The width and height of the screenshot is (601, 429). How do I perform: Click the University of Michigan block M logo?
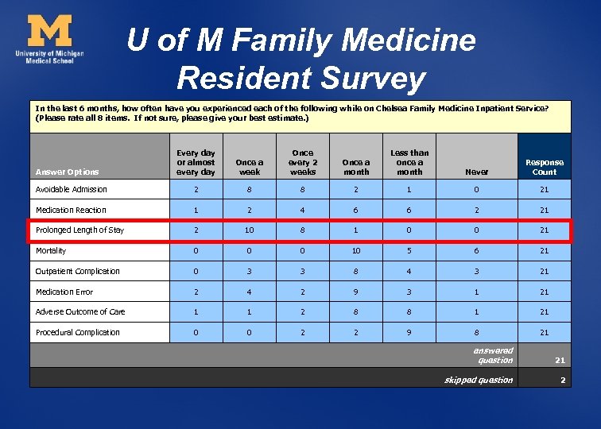[x=49, y=32]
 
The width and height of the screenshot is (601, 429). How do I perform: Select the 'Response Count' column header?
[x=544, y=167]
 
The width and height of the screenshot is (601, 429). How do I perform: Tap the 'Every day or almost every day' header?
[x=196, y=162]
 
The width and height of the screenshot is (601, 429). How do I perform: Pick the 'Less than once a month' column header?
[x=409, y=162]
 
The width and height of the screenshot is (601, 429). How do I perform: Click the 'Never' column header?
[x=476, y=172]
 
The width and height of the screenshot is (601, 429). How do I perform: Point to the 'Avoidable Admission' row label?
[x=72, y=190]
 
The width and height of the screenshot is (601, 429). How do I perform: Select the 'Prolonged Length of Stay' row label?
[x=79, y=230]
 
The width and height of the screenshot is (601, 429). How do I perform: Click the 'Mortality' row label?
[x=52, y=251]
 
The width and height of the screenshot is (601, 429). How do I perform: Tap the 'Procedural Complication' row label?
[x=78, y=332]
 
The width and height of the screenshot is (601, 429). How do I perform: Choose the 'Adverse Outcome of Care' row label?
[x=80, y=312]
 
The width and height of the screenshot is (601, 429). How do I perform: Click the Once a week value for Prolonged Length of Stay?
[x=250, y=230]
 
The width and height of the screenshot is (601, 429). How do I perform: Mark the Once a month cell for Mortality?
[x=356, y=251]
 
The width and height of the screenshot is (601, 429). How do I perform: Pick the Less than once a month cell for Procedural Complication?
[x=409, y=332]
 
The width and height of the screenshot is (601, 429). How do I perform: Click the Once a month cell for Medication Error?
[x=356, y=292]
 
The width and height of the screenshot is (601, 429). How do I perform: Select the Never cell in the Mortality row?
[x=476, y=251]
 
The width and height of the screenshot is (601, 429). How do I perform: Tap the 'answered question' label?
[x=493, y=355]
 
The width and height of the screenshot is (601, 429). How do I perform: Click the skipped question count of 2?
[x=562, y=381]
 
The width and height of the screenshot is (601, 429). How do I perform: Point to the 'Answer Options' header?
[x=68, y=172]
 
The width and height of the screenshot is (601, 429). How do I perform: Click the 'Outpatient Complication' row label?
[x=78, y=272]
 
